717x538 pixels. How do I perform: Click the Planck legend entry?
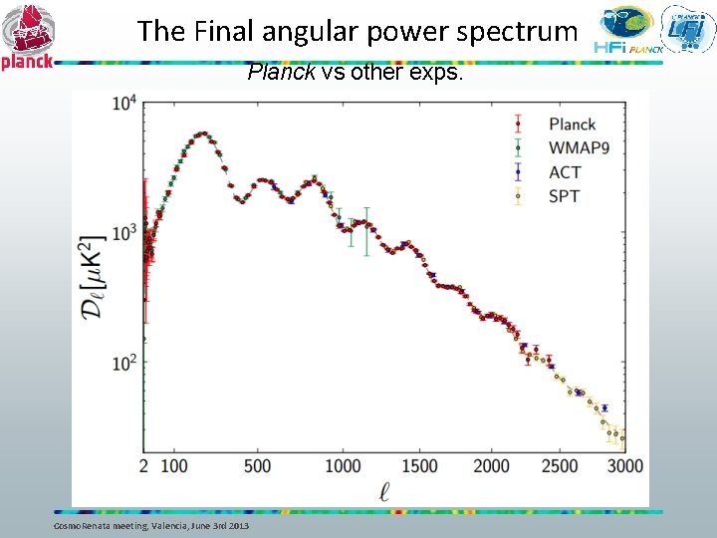(572, 125)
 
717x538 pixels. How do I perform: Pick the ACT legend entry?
(565, 172)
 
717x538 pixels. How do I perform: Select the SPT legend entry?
(563, 196)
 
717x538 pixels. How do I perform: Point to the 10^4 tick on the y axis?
(124, 103)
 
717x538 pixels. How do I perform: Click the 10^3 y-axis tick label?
(124, 233)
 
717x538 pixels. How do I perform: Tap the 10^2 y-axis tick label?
(124, 364)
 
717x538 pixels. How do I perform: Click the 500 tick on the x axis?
(257, 466)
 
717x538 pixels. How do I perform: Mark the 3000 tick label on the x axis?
(624, 466)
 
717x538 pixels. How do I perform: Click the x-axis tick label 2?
(144, 466)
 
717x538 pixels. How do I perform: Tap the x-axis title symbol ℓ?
(385, 491)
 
